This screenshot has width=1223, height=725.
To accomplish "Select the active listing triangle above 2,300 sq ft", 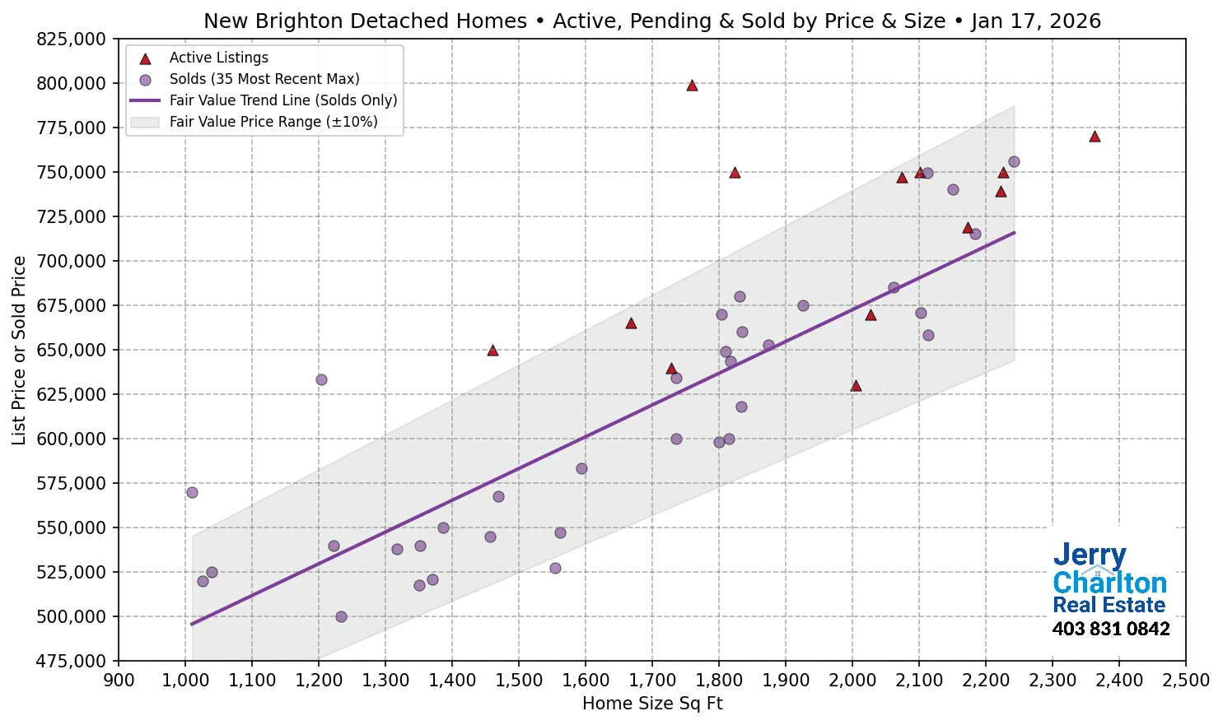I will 1095,137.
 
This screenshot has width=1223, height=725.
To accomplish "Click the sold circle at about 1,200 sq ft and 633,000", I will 321,379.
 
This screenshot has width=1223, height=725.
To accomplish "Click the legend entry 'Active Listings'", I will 218,58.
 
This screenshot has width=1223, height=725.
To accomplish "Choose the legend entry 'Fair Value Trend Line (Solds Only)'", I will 282,100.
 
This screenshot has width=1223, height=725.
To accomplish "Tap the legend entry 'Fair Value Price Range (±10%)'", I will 273,122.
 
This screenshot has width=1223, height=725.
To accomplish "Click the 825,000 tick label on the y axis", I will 72,39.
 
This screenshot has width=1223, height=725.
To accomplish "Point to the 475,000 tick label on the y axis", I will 72,661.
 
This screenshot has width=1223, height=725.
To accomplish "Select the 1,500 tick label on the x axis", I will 518,681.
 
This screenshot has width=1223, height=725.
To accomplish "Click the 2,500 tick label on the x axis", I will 1185,681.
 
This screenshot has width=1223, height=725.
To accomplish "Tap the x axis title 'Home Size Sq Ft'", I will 652,704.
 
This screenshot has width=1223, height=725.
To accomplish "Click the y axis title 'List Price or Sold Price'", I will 20,350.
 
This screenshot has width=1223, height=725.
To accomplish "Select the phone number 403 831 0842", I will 1110,630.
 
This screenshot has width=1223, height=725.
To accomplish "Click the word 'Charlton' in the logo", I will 1109,583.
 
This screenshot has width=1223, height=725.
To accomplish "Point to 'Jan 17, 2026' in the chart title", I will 1035,21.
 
